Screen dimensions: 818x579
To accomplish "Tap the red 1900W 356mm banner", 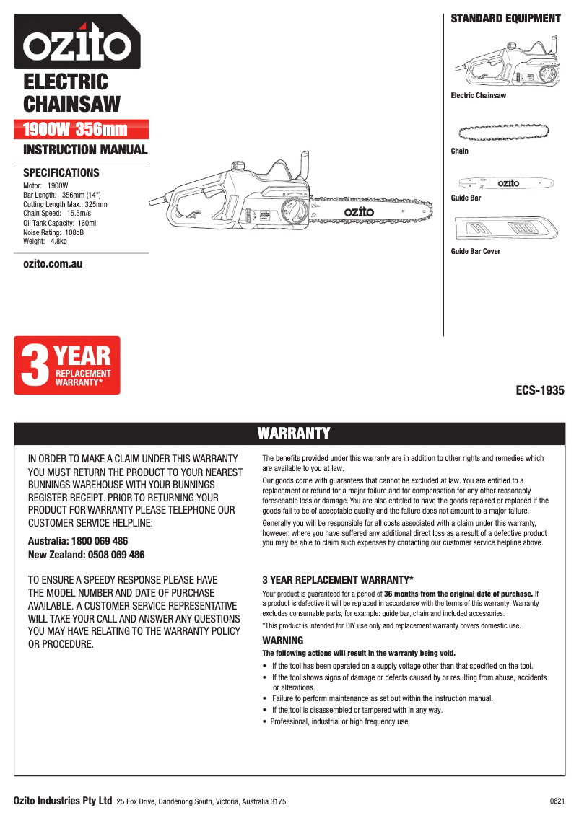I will [x=82, y=130].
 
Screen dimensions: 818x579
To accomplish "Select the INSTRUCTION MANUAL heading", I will [x=85, y=150].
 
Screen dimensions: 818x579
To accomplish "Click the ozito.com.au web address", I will [x=53, y=264].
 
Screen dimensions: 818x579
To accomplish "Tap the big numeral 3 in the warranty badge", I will [x=33, y=366].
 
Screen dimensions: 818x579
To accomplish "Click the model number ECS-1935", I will [x=539, y=391].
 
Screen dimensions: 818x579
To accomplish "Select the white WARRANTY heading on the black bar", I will [x=294, y=433].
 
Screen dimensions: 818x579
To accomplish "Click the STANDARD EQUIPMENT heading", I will [x=505, y=19].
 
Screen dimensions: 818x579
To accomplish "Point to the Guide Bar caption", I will [x=466, y=198].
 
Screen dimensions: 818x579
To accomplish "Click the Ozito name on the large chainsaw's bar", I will [x=359, y=212].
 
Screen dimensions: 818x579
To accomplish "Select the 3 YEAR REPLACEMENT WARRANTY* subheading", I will [x=337, y=579].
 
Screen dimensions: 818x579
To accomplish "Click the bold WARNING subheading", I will [x=282, y=641].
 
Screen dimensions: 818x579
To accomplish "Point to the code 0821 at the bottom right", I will [x=557, y=801].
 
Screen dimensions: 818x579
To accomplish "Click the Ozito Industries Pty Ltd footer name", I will [x=63, y=801].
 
